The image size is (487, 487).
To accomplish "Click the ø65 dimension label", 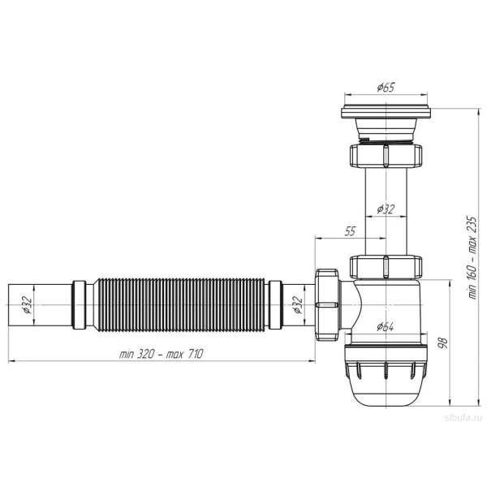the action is coord(386,88).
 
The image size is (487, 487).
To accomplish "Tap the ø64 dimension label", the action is coord(385,326).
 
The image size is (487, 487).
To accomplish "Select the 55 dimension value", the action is coord(350,231).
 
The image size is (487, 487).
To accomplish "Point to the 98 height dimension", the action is coord(443,343).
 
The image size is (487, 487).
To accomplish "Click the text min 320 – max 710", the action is coord(162,354).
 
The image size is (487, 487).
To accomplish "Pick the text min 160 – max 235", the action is coord(472,257).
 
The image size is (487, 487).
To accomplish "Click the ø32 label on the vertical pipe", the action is coord(386,209).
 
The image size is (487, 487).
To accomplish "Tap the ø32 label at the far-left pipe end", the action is coord(27,304).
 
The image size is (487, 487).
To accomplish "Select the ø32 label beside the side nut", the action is coord(298,304).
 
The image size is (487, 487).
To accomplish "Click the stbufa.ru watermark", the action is coord(463,418).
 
